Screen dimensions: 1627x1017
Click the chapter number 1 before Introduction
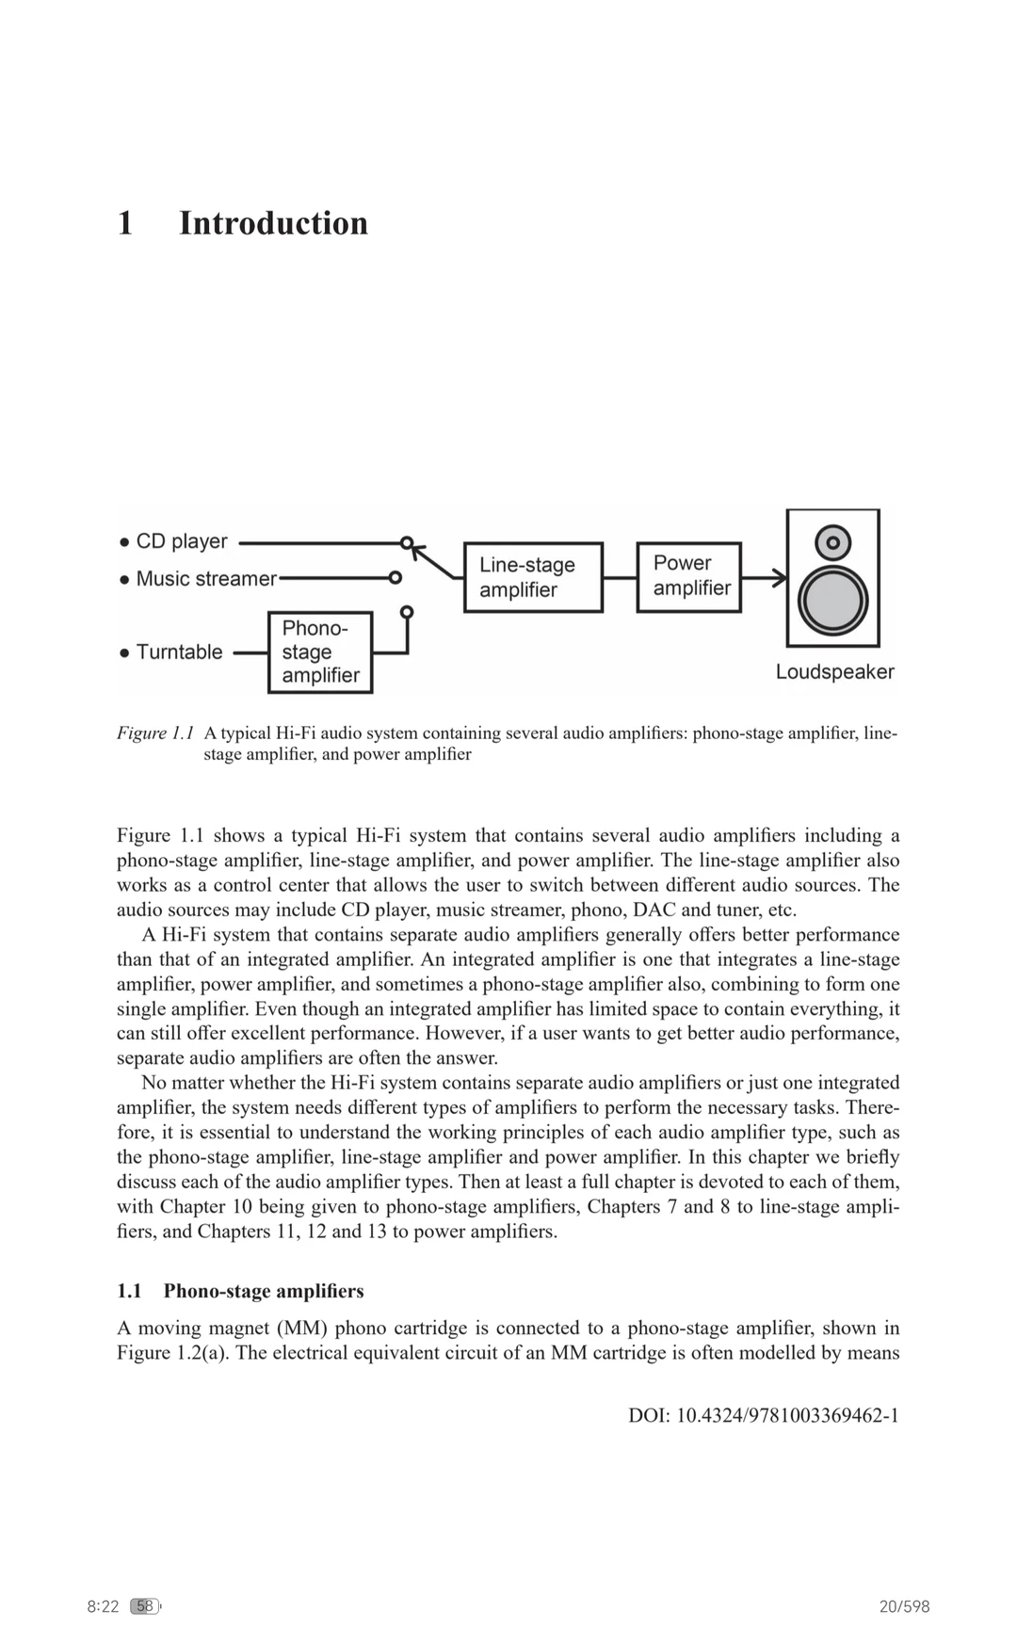tap(125, 223)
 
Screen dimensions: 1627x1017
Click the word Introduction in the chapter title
tap(273, 223)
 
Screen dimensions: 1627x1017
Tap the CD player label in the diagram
tap(182, 541)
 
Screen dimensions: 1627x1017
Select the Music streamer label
tap(206, 578)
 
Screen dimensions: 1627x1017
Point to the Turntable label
tap(179, 652)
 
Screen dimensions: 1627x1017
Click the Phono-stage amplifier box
tap(320, 652)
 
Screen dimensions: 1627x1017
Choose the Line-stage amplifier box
tap(533, 577)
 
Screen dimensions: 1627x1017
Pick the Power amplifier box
tap(689, 575)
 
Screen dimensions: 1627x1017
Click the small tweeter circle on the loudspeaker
tap(833, 542)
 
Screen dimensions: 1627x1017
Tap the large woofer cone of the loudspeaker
tap(832, 601)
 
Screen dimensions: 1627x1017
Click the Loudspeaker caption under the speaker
tap(834, 672)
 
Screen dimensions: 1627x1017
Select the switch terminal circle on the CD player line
tap(406, 542)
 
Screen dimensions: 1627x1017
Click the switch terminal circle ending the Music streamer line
tap(395, 577)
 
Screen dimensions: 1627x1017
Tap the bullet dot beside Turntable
tap(124, 652)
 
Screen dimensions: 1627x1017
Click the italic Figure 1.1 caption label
tap(155, 733)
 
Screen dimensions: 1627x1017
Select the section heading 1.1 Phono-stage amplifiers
tap(240, 1291)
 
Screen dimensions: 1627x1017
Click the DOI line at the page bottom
tap(763, 1416)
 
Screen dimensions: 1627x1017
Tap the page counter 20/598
tap(904, 1606)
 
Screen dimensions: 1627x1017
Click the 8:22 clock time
tap(103, 1606)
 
